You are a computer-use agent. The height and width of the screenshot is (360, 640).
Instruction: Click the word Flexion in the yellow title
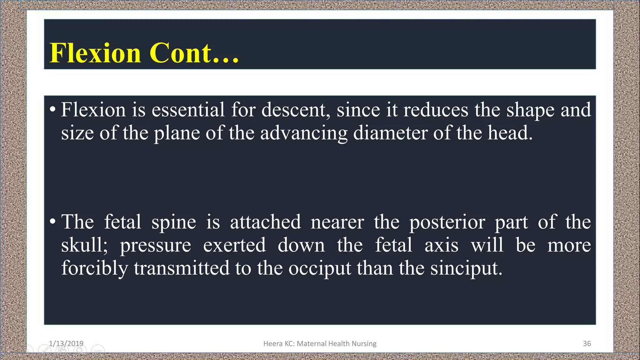pos(95,53)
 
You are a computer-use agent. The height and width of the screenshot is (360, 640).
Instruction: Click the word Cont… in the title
pos(194,53)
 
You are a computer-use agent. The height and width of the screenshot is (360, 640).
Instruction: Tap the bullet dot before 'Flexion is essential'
pos(52,109)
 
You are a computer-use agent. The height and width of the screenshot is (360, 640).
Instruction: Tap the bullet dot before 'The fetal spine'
pos(52,222)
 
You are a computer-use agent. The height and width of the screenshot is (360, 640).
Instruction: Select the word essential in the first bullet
pos(188,110)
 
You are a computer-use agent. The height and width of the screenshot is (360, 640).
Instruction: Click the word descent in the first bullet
pos(295,110)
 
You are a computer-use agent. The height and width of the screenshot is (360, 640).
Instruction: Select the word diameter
pos(390,133)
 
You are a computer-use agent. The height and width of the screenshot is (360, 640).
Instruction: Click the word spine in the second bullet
pos(174,222)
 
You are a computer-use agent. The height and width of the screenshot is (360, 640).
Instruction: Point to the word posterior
pos(447,222)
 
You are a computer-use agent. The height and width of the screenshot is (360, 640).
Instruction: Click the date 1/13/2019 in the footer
pos(66,343)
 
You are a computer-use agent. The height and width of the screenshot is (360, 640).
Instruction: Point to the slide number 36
pos(587,343)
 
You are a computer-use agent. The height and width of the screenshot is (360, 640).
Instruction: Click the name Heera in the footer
pos(272,343)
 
